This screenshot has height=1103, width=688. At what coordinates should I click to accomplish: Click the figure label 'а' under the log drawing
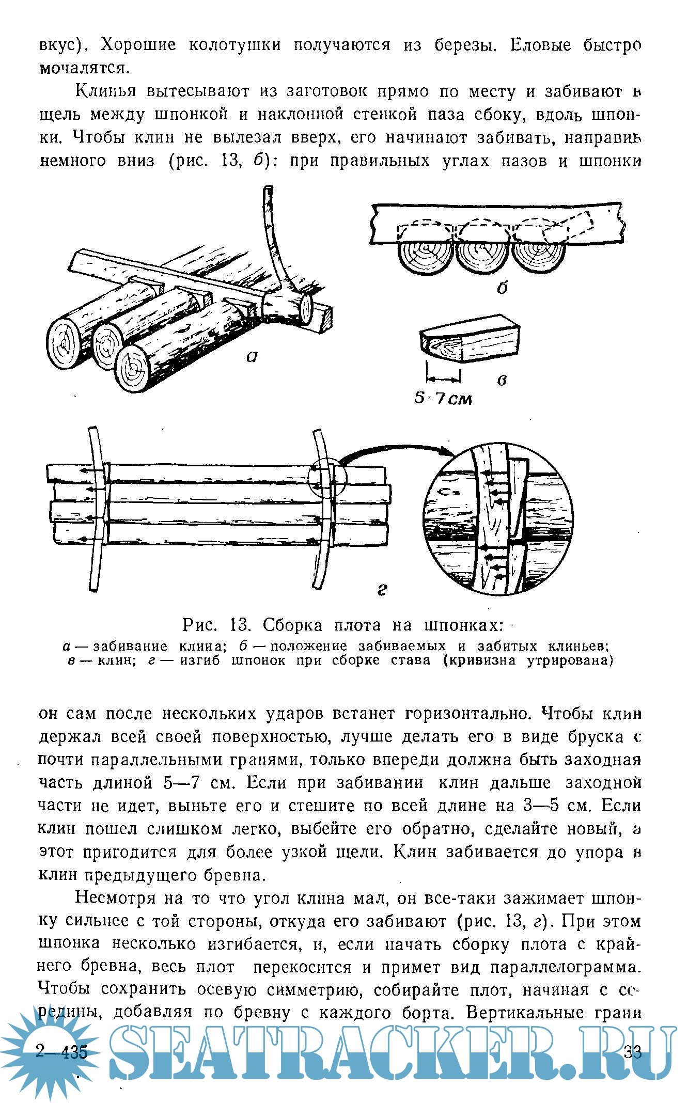[252, 356]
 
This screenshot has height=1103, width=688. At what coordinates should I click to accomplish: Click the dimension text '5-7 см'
[443, 399]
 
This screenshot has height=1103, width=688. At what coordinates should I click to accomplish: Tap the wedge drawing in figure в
[469, 339]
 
